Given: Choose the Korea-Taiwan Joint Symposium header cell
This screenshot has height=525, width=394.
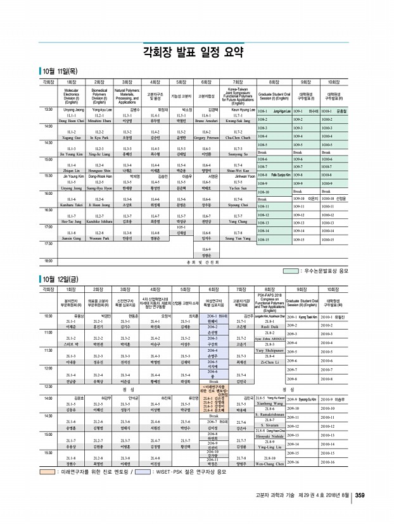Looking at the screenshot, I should tap(236, 95).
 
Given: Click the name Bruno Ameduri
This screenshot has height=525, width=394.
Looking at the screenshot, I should tap(206, 120).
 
